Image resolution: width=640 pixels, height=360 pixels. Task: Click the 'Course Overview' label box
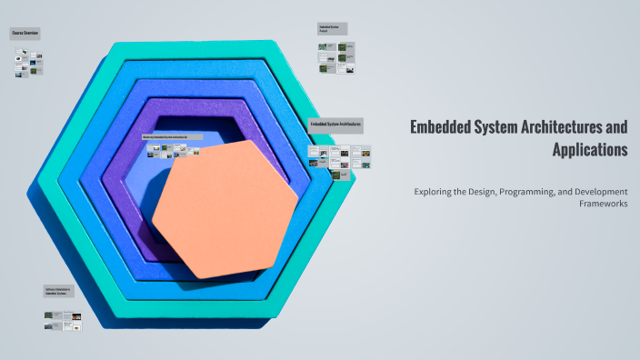click(x=25, y=34)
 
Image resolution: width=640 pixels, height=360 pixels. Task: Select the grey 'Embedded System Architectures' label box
click(x=335, y=125)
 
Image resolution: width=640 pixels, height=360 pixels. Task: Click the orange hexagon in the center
click(x=225, y=208)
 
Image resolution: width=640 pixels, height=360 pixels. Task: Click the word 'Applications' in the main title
click(x=590, y=149)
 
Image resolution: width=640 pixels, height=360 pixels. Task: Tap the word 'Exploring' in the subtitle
click(x=435, y=192)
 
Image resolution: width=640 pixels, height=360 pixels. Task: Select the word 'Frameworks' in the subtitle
click(x=603, y=204)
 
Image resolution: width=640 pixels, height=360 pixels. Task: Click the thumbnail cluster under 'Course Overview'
click(x=29, y=63)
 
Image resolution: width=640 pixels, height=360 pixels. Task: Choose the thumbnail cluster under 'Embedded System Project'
click(x=336, y=57)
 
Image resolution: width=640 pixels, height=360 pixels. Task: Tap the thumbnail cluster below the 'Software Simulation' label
click(x=63, y=319)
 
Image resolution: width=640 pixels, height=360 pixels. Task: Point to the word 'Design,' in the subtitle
click(x=485, y=192)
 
